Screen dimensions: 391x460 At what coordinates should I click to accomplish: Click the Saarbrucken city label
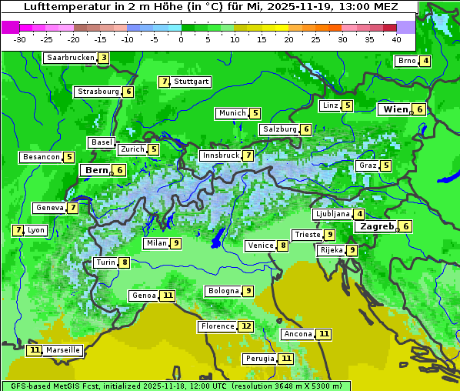coord(70,58)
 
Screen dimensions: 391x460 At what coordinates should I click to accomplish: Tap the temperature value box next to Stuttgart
coord(164,82)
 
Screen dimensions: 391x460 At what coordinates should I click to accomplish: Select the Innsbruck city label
coord(220,155)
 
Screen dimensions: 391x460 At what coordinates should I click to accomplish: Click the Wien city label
coord(395,109)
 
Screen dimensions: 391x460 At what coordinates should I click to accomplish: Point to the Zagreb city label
coord(376,226)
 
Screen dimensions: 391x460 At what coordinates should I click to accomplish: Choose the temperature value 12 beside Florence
coord(246,326)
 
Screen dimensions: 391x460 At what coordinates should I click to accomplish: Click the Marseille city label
coord(63,350)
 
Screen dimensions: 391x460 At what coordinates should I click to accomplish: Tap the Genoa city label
coord(144,296)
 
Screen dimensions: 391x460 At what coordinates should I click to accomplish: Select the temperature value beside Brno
coord(425,62)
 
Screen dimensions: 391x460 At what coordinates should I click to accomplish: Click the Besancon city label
coord(42,157)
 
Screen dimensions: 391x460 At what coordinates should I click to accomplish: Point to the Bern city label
coord(97,170)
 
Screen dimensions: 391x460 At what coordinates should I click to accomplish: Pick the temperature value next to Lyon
coord(18,230)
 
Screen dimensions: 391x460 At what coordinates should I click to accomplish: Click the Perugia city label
coord(259,359)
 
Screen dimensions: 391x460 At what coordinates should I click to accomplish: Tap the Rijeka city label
coord(331,250)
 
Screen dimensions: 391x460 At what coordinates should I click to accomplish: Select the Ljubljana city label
coord(332,214)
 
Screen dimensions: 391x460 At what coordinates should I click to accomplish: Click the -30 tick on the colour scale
coord(21,39)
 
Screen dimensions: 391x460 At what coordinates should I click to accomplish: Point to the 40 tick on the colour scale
coord(396,39)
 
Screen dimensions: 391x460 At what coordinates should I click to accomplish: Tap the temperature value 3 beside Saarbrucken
coord(104,58)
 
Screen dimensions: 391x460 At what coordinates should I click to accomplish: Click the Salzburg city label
coord(279,129)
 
